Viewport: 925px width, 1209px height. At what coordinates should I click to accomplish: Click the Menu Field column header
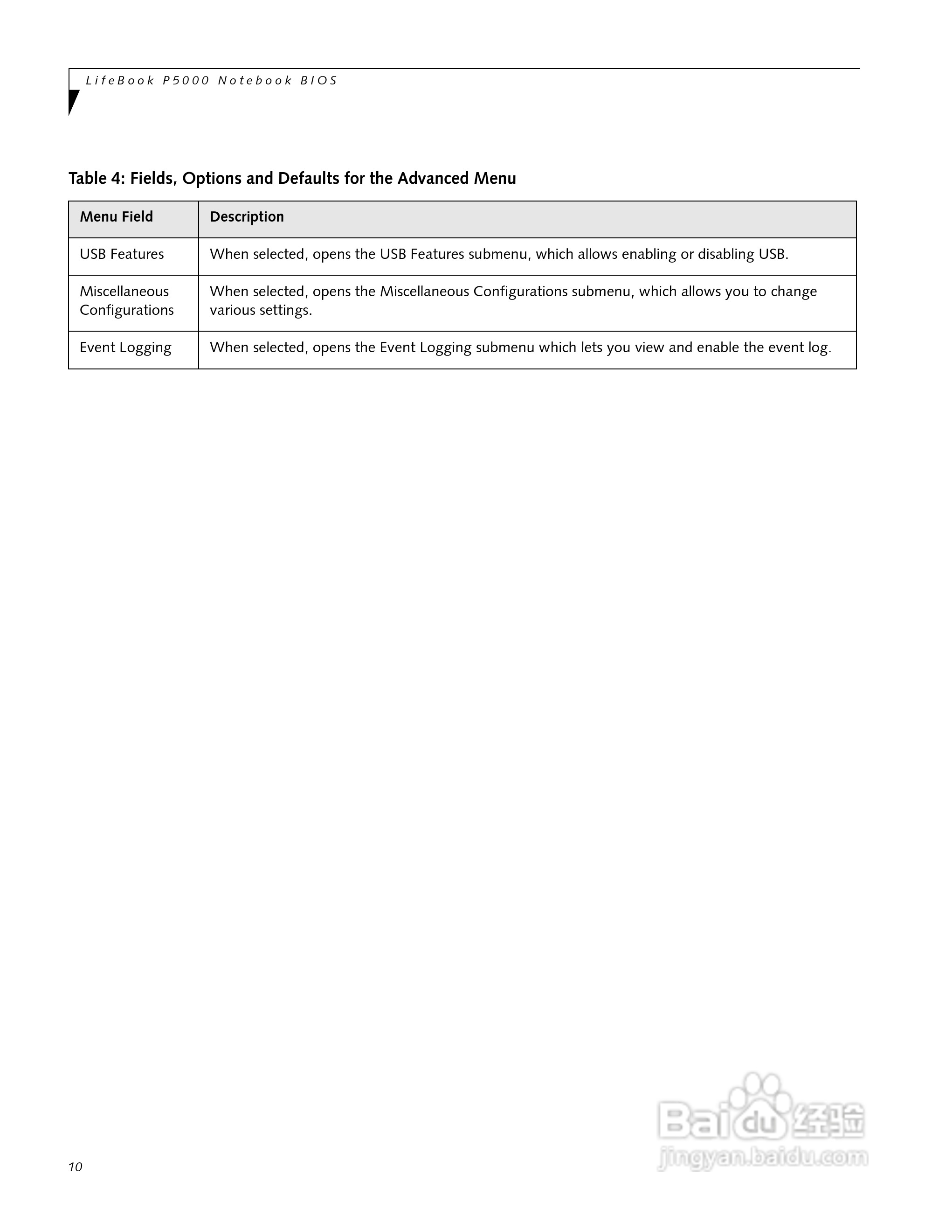116,217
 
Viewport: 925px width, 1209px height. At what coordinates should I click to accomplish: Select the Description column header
247,217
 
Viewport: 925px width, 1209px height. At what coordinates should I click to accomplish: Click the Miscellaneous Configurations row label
127,301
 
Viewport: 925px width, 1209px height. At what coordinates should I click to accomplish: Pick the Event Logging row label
125,347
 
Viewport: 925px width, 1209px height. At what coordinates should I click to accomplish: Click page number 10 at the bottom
76,1167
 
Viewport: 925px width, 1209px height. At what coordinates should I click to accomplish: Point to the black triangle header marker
73,101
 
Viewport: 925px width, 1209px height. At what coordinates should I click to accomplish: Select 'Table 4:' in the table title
97,179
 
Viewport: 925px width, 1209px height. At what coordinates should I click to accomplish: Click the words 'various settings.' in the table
261,310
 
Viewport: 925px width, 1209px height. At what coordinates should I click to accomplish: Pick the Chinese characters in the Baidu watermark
828,1121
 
